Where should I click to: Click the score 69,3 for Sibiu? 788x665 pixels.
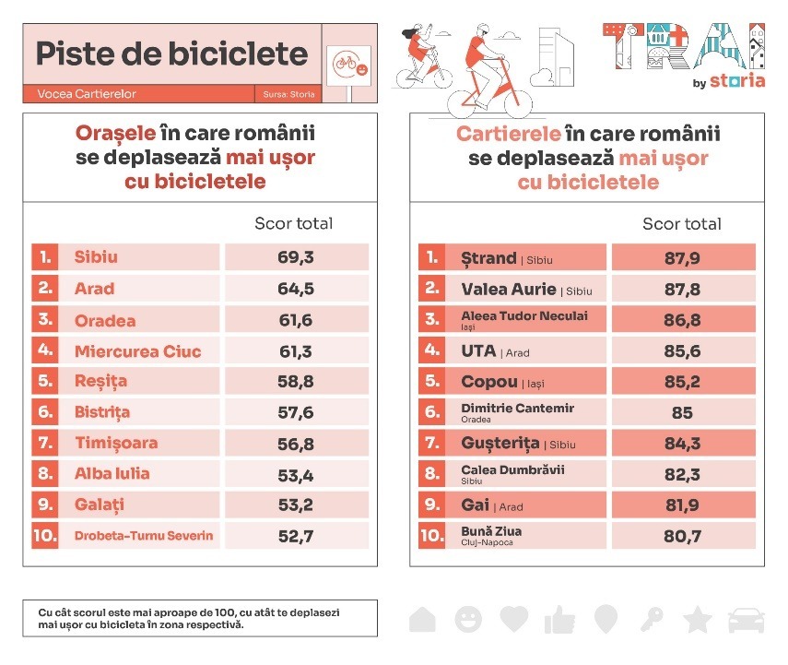pyautogui.click(x=296, y=257)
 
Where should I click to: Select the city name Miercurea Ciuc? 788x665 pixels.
pyautogui.click(x=137, y=351)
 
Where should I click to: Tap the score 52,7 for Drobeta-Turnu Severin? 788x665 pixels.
pyautogui.click(x=296, y=536)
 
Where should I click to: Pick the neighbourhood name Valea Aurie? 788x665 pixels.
pyautogui.click(x=509, y=289)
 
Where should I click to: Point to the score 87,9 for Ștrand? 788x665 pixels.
pyautogui.click(x=683, y=257)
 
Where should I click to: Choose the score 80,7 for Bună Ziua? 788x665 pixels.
pyautogui.click(x=683, y=536)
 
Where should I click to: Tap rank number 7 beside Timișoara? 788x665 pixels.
pyautogui.click(x=44, y=444)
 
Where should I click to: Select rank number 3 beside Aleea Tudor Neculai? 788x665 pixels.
pyautogui.click(x=430, y=320)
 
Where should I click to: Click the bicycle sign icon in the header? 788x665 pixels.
pyautogui.click(x=347, y=64)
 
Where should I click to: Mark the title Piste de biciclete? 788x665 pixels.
pyautogui.click(x=171, y=53)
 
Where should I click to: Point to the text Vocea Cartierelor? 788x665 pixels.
pyautogui.click(x=87, y=94)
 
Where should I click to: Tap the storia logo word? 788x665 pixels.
pyautogui.click(x=742, y=80)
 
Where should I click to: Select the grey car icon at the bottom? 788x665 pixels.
pyautogui.click(x=746, y=620)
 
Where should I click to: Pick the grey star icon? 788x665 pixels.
pyautogui.click(x=698, y=619)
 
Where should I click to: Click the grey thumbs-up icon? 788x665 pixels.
pyautogui.click(x=559, y=620)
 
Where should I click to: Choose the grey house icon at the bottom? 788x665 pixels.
pyautogui.click(x=422, y=619)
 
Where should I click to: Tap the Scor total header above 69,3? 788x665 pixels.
pyautogui.click(x=293, y=223)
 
